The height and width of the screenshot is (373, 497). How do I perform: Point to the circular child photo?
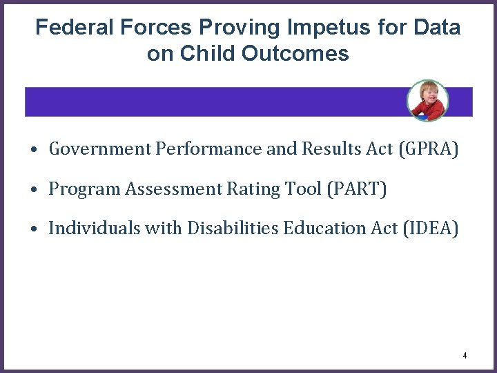coord(427,101)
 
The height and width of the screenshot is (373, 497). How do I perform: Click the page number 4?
coord(465,356)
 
